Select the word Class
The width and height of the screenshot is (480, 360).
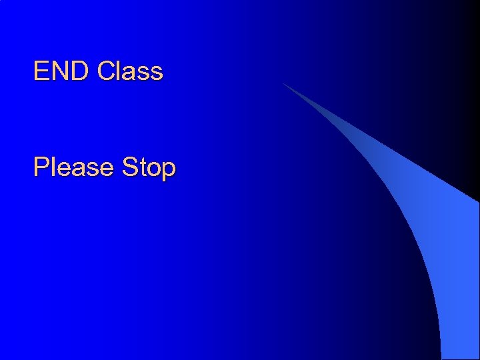pyautogui.click(x=130, y=71)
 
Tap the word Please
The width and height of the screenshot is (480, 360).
pyautogui.click(x=74, y=167)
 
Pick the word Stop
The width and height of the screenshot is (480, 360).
pyautogui.click(x=149, y=167)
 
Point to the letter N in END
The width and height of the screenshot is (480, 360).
pyautogui.click(x=61, y=71)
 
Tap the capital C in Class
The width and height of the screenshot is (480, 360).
pyautogui.click(x=106, y=71)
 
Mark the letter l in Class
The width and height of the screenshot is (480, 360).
pyautogui.click(x=119, y=71)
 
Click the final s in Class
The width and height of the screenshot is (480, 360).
pyautogui.click(x=157, y=73)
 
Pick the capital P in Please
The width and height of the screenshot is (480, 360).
pyautogui.click(x=41, y=167)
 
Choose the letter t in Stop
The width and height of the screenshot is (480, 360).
pyautogui.click(x=142, y=167)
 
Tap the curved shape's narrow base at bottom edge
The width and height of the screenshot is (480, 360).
pyautogui.click(x=460, y=357)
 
